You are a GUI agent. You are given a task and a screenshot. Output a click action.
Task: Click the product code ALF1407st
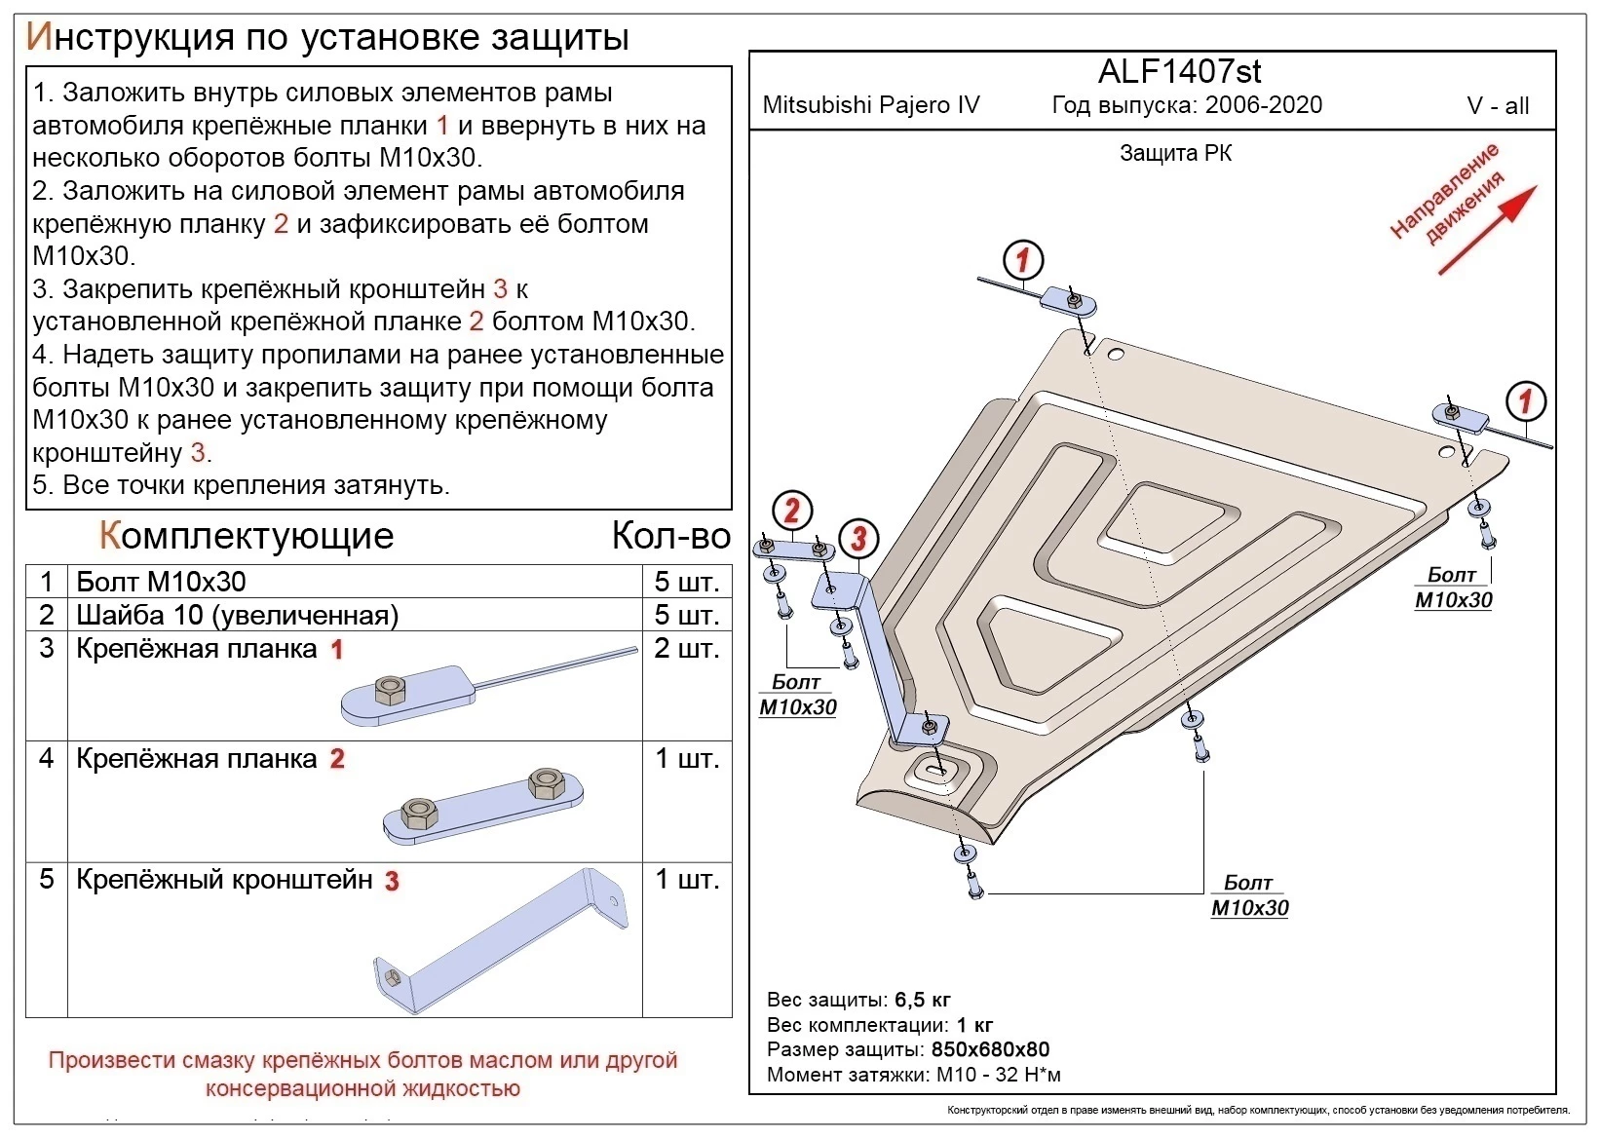tap(1179, 71)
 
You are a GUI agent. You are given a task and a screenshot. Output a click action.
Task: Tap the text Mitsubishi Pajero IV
tap(870, 105)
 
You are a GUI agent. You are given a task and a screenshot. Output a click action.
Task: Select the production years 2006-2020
tap(1264, 105)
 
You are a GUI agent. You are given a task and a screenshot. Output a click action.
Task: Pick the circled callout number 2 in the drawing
tap(791, 511)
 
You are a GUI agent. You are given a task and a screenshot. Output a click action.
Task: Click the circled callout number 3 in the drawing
tap(858, 538)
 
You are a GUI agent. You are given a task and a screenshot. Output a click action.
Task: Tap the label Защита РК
tap(1175, 153)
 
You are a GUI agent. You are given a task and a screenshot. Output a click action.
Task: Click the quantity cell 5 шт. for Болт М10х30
tap(686, 582)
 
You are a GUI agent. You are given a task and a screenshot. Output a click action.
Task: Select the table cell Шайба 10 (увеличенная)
tap(238, 615)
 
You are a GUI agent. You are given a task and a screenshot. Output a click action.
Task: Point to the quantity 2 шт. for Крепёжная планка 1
tap(686, 648)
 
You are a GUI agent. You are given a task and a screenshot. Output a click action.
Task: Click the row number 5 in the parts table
tap(46, 879)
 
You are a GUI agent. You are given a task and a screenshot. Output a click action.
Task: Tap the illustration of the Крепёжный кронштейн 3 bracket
tap(502, 943)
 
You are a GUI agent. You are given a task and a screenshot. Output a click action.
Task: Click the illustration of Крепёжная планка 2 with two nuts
tap(484, 806)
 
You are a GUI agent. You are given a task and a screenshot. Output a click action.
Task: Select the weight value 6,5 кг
tap(922, 1000)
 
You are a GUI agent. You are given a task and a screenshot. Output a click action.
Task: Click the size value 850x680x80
tap(990, 1049)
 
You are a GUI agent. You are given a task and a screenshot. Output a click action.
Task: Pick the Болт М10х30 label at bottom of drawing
tap(1249, 896)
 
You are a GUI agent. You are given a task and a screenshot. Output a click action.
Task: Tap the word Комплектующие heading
tap(247, 536)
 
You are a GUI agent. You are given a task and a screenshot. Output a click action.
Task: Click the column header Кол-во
tap(670, 536)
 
